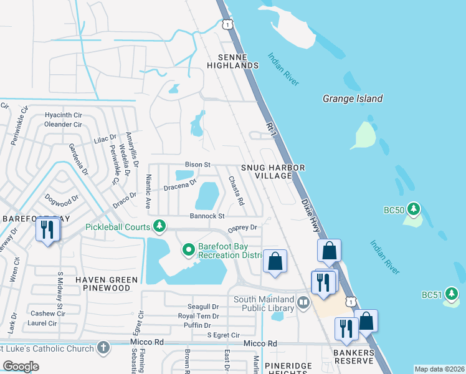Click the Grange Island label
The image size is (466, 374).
tap(353, 98)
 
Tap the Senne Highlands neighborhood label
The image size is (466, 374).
tap(232, 61)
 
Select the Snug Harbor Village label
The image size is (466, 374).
tap(273, 172)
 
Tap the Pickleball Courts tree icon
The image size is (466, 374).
tap(160, 225)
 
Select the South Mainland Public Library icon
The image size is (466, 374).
tap(303, 303)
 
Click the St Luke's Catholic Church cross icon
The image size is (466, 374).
tap(103, 347)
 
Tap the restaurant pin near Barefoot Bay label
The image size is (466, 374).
tap(47, 230)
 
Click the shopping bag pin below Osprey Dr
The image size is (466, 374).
tap(275, 262)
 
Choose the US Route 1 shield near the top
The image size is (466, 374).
tap(228, 24)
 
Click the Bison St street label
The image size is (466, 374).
tap(198, 165)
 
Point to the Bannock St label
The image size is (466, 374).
tap(207, 216)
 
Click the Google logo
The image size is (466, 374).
tap(21, 367)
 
